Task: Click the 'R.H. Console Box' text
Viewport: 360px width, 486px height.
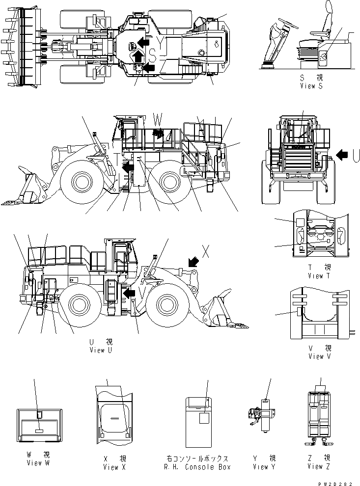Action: pos(198,467)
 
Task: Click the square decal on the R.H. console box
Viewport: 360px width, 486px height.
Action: pos(204,418)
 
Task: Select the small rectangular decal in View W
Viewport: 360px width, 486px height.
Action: pos(39,430)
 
